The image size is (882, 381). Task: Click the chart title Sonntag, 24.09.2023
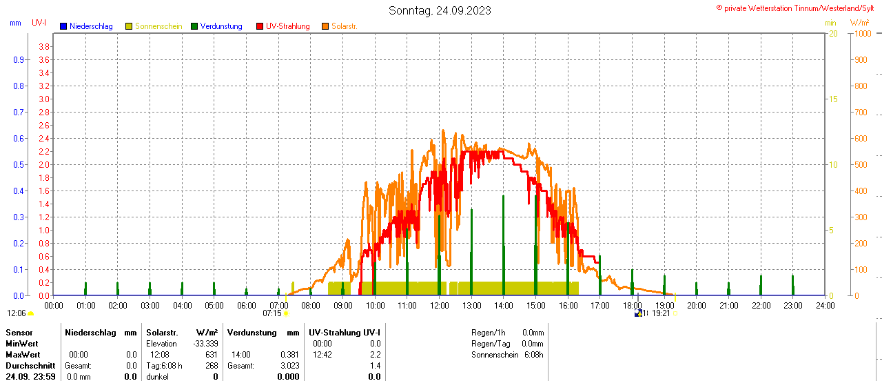pyautogui.click(x=440, y=10)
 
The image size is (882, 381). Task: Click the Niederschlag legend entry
pyautogui.click(x=91, y=26)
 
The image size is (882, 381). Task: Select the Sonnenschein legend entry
pyautogui.click(x=158, y=26)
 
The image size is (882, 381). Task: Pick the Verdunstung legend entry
pyautogui.click(x=220, y=26)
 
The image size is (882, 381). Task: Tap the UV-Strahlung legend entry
pyautogui.click(x=287, y=26)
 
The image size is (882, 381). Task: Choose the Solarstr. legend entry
pyautogui.click(x=344, y=26)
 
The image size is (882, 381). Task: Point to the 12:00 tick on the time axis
pyautogui.click(x=439, y=305)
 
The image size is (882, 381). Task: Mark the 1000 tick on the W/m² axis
pyautogui.click(x=861, y=34)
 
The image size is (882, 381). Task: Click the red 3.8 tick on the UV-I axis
pyautogui.click(x=44, y=46)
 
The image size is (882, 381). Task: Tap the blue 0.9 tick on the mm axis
pyautogui.click(x=19, y=59)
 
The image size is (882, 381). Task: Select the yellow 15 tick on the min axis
pyautogui.click(x=832, y=99)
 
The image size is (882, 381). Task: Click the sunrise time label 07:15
pyautogui.click(x=272, y=313)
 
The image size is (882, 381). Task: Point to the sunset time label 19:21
pyautogui.click(x=661, y=313)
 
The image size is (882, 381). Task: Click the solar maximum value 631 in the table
pyautogui.click(x=211, y=355)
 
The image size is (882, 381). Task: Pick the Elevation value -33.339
pyautogui.click(x=205, y=344)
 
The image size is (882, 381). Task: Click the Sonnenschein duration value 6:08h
pyautogui.click(x=533, y=355)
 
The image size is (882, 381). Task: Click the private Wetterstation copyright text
pyautogui.click(x=798, y=8)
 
